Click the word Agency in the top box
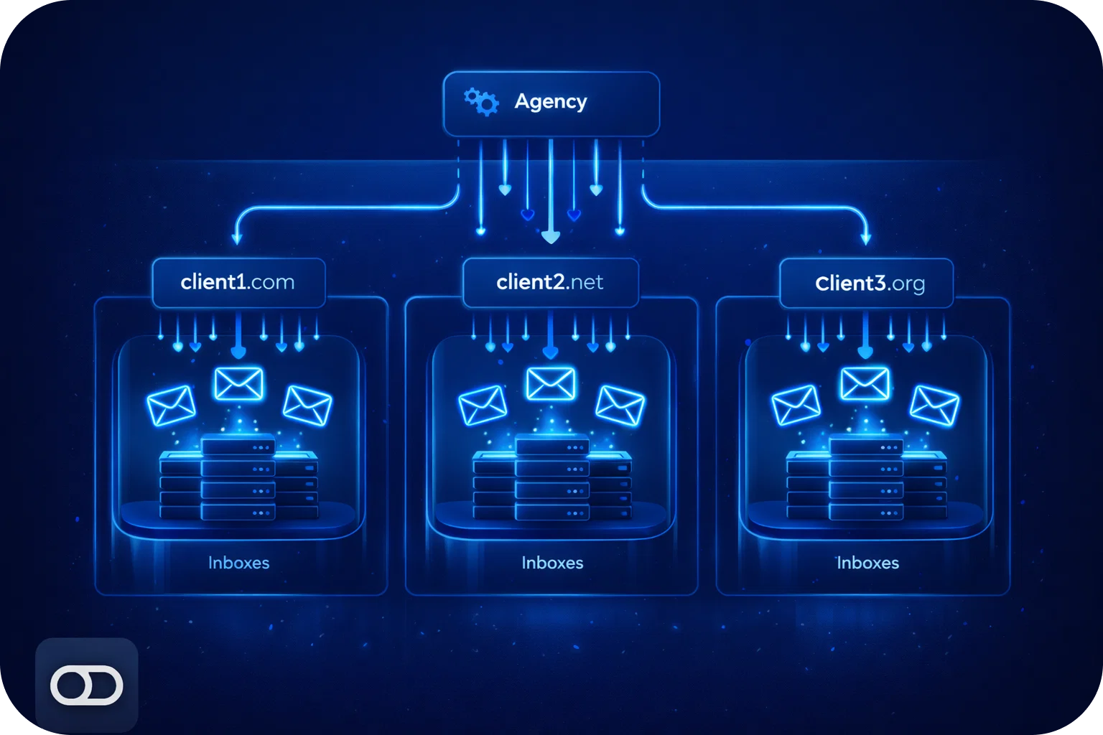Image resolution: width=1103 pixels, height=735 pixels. (x=551, y=102)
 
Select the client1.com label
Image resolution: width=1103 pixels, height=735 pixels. (x=238, y=282)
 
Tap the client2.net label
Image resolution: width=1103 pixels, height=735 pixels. (x=550, y=282)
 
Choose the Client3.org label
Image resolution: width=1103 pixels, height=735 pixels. (x=870, y=284)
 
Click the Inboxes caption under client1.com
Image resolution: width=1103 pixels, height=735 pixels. (x=238, y=563)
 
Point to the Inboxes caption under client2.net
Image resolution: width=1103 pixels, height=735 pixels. (x=552, y=563)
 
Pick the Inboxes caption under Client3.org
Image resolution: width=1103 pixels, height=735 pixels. (x=867, y=563)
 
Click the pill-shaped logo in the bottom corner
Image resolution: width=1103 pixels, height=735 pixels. (x=86, y=685)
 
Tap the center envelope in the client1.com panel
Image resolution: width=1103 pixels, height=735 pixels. (x=238, y=384)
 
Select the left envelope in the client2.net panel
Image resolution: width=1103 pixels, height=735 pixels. (x=483, y=405)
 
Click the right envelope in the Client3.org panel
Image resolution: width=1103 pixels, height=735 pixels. (x=934, y=405)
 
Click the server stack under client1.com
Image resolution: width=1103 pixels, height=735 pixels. (x=238, y=477)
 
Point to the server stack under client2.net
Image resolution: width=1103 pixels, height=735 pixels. (x=551, y=477)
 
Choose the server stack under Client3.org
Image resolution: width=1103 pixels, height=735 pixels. (x=866, y=477)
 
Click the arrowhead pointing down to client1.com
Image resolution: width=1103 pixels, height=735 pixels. (x=237, y=238)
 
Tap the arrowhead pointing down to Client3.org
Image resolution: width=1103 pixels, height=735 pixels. (x=866, y=238)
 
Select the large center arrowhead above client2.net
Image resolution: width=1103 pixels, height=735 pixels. (x=550, y=237)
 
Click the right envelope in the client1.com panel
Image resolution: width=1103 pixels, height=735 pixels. (x=307, y=405)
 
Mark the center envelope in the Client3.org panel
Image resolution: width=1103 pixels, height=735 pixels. (x=865, y=384)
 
